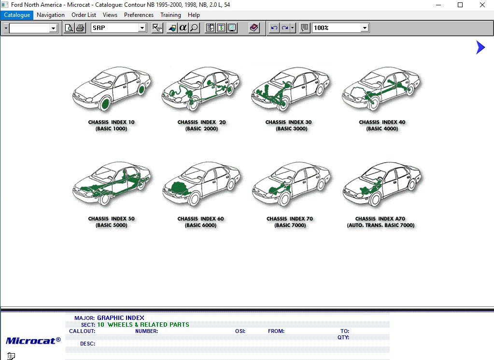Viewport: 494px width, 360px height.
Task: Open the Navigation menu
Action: pyautogui.click(x=51, y=15)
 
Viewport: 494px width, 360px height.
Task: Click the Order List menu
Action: pyautogui.click(x=84, y=15)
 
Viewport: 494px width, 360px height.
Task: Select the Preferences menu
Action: pyautogui.click(x=139, y=15)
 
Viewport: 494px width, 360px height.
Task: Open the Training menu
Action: pyautogui.click(x=170, y=15)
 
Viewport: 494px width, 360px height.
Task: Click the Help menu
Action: pyautogui.click(x=194, y=15)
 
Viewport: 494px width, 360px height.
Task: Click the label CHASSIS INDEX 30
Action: pyautogui.click(x=288, y=123)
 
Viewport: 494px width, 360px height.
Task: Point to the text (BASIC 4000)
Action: pyautogui.click(x=382, y=129)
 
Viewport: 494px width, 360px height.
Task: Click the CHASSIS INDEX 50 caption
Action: pyautogui.click(x=111, y=219)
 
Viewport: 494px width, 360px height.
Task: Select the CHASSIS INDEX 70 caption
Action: pyautogui.click(x=289, y=219)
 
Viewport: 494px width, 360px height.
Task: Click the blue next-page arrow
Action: pyautogui.click(x=480, y=47)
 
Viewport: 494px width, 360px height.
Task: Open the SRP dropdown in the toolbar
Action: pyautogui.click(x=142, y=28)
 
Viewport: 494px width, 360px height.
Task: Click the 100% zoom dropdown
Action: pyautogui.click(x=365, y=28)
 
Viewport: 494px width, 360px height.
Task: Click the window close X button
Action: pyautogui.click(x=482, y=5)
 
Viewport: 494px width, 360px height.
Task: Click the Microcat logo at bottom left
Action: pyautogui.click(x=33, y=340)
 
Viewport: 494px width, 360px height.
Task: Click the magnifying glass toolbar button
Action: pyautogui.click(x=194, y=28)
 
